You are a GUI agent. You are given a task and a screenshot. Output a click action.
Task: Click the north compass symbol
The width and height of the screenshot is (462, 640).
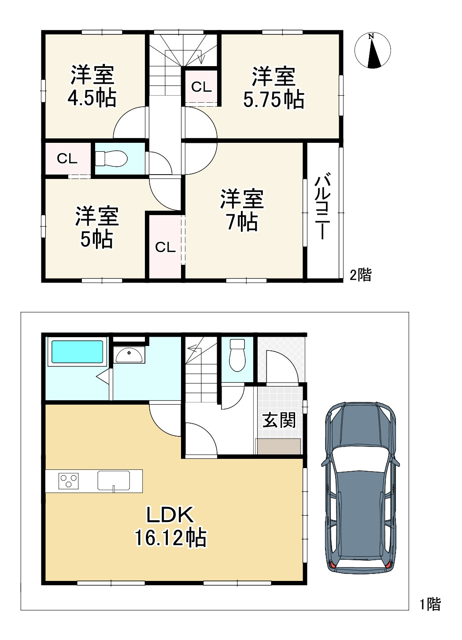coord(373,51)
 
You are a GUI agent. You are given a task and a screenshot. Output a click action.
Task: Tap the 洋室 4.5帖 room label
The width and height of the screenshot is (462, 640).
coord(92,86)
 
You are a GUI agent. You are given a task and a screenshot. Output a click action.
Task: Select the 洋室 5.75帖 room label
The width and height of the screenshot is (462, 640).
coord(274,87)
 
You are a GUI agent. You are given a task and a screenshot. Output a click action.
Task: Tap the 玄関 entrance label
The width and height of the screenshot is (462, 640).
coord(279,420)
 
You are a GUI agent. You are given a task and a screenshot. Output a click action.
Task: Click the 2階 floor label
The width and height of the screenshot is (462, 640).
coord(361,275)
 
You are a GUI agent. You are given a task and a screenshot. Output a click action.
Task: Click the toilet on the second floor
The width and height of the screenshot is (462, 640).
coord(111,159)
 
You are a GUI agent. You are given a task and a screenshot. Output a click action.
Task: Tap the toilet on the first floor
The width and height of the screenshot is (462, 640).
coord(237,355)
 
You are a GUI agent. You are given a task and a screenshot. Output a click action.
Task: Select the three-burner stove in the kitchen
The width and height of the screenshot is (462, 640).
coord(69,481)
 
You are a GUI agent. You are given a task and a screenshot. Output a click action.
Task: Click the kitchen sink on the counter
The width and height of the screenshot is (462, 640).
coord(114,480)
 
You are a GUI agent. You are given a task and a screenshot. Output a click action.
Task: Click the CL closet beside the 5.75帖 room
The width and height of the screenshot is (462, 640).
coord(202,86)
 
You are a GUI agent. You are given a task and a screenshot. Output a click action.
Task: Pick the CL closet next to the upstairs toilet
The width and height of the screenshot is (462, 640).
coord(67,158)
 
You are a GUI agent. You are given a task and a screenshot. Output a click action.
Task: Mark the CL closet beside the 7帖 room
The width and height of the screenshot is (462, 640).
coord(165,246)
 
